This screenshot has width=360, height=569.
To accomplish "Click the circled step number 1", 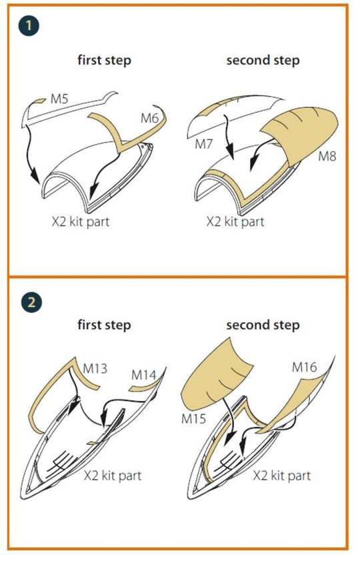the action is (28, 26).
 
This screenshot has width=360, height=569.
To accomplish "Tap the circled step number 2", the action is (31, 302).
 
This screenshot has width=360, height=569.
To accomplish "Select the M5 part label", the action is (59, 98).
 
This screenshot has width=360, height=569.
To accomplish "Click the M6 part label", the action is (149, 118).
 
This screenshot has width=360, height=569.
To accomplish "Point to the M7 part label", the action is (203, 144).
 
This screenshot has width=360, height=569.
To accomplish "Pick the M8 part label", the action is (327, 156).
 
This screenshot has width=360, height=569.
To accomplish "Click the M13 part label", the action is (95, 369).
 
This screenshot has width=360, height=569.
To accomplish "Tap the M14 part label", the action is (144, 375).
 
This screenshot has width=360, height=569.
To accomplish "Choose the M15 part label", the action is (193, 419).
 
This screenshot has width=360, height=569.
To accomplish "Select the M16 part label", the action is (305, 368).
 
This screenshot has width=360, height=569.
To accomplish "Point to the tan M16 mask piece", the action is (290, 403).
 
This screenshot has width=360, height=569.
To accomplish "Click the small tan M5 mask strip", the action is (39, 101).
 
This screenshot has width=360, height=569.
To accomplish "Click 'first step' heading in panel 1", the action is (105, 60).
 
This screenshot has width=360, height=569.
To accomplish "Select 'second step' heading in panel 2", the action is (263, 325).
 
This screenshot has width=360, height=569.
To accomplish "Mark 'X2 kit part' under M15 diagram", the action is (282, 476).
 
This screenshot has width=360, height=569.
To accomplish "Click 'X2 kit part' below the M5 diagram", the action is (81, 221).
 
